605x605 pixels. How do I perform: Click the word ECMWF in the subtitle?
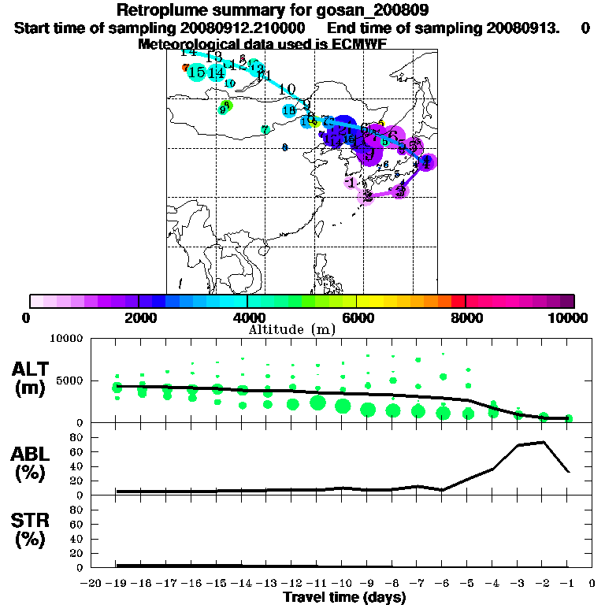(x=354, y=44)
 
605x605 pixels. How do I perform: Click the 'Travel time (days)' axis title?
(x=344, y=597)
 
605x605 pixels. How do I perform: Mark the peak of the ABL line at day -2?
(x=544, y=442)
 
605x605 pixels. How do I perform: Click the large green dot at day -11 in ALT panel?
(x=318, y=403)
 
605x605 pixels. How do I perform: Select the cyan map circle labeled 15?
(x=197, y=72)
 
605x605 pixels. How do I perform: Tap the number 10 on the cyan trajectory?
(x=287, y=89)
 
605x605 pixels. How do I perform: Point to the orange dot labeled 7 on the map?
(x=185, y=68)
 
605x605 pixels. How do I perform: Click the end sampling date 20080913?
(x=529, y=28)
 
